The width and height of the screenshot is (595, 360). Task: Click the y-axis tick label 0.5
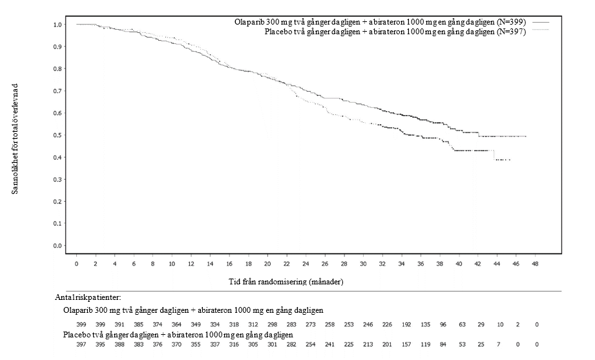pyautogui.click(x=57, y=135)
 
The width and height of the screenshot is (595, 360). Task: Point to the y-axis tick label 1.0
pyautogui.click(x=57, y=25)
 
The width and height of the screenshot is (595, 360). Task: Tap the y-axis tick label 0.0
pyautogui.click(x=57, y=246)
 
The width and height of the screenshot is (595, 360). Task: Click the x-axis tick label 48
pyautogui.click(x=535, y=264)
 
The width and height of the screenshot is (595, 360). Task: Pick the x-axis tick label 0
pyautogui.click(x=76, y=264)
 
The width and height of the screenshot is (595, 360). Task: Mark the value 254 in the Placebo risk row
pyautogui.click(x=310, y=345)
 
